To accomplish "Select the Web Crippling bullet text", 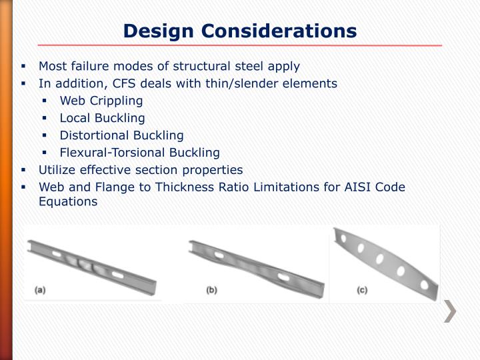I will coord(101,101).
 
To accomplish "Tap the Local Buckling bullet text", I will coord(102,118).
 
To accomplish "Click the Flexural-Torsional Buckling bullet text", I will coord(139,153).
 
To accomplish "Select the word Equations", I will coord(68,201).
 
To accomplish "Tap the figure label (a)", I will coord(40,290).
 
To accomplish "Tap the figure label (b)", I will coord(212,290).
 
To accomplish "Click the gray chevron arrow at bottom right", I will coord(451,311).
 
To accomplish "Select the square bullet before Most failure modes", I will coord(23,67).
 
